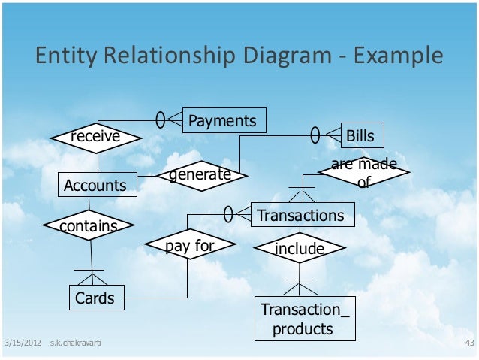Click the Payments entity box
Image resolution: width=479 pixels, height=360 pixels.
tap(223, 120)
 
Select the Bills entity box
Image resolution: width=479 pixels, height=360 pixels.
tap(363, 136)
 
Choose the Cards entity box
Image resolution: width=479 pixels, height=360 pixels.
tap(95, 298)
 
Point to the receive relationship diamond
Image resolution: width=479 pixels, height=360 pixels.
tap(95, 137)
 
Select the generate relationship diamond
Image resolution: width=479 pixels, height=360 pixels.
tap(200, 175)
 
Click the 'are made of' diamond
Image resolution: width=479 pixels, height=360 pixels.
tap(364, 172)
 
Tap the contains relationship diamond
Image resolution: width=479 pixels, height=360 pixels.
tap(89, 225)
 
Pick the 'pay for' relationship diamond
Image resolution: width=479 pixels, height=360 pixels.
tap(190, 245)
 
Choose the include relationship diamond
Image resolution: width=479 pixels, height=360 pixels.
tap(300, 248)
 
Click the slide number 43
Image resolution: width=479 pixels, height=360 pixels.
tap(470, 343)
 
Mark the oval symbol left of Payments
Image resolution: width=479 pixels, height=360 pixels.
tap(160, 119)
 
